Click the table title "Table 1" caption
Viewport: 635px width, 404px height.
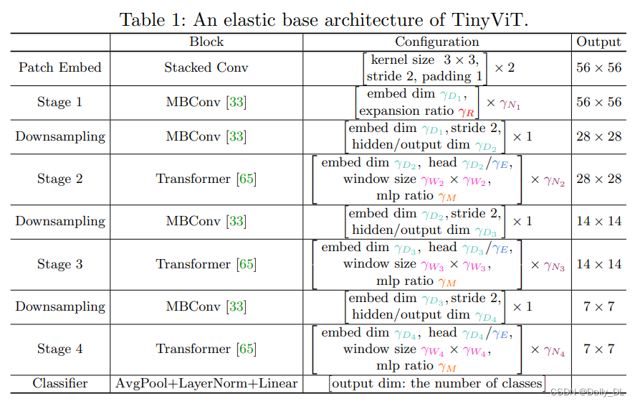pos(323,19)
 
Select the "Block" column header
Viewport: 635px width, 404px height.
pos(206,42)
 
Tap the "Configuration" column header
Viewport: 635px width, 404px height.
pos(436,42)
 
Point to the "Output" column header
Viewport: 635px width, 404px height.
pos(598,42)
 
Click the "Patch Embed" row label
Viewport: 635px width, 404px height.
pos(60,68)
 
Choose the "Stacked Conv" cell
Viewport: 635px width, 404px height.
pos(206,68)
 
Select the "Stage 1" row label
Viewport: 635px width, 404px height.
pos(60,103)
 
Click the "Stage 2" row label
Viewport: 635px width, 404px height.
pos(60,179)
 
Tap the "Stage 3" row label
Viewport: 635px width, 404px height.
pos(60,264)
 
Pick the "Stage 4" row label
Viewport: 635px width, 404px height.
pos(60,349)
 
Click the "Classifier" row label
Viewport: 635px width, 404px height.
pos(60,383)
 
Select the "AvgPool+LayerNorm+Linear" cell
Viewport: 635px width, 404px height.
pos(206,383)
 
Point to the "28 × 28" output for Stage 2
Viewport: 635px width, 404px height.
pos(598,179)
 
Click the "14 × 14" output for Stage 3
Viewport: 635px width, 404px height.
pos(598,264)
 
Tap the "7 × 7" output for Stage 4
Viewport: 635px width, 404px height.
pos(598,349)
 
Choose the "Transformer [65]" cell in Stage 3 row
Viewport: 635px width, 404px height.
pos(206,264)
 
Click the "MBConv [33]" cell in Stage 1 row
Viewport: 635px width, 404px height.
pos(206,103)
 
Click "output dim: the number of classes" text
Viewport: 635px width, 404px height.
pos(436,383)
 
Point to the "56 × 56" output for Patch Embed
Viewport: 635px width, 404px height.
pos(598,68)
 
